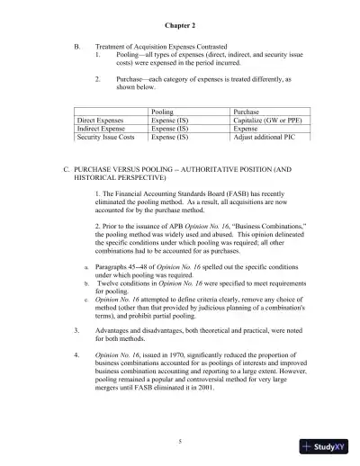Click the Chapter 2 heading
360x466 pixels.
tap(180, 28)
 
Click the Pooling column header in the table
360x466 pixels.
tap(163, 112)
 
